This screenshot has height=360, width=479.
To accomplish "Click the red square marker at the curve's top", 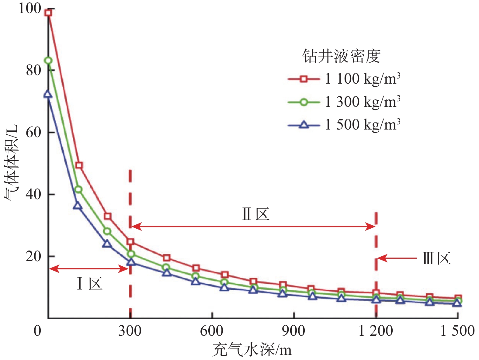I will pos(48,13).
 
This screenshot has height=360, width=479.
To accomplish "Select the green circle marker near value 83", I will pos(48,61).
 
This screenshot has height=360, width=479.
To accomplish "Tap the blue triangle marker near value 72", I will pos(48,95).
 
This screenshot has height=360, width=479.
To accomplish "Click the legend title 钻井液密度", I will pos(341,56).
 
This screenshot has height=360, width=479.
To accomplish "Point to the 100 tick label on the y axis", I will pos(30,8).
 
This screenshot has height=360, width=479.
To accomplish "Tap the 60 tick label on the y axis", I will pos(33,132).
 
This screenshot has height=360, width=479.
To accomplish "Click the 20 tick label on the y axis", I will pos(33,256).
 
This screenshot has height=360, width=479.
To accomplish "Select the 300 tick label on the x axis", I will pos(130,331).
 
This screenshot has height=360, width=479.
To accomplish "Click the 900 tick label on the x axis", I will pos(293,331).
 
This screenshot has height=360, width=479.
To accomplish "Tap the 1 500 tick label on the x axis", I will pos(457,331).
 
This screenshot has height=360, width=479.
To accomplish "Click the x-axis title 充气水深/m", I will pos(252,350).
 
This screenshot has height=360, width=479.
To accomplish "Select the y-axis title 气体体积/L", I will pos(12,163).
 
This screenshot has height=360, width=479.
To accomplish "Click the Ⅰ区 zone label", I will pos(90,284).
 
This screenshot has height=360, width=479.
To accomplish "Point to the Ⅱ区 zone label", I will pos(256,214).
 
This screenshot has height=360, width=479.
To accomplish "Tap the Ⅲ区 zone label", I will pos(436,259).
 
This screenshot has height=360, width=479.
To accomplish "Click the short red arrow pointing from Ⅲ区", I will pos(397,258).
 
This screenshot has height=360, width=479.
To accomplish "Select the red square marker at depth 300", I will pos(130,242).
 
